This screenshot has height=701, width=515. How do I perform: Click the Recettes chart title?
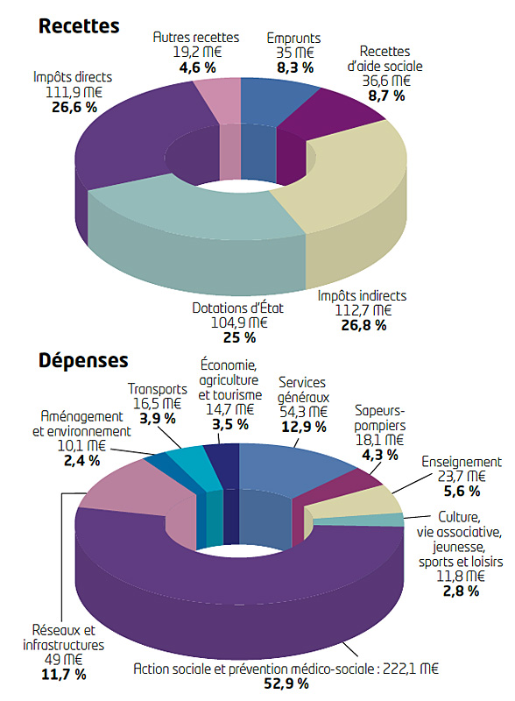(79, 26)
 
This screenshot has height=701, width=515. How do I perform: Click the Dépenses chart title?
(83, 360)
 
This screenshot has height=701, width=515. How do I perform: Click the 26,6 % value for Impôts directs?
(74, 107)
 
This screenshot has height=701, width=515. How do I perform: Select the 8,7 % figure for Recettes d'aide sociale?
(386, 96)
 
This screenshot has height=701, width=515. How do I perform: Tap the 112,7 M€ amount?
(363, 310)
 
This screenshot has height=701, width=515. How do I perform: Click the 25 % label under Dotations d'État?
(239, 337)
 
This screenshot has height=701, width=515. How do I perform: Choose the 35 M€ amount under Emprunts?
(294, 53)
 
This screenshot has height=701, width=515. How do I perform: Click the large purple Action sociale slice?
(242, 595)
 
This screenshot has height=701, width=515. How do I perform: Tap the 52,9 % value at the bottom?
(286, 683)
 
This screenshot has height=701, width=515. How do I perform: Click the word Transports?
(158, 389)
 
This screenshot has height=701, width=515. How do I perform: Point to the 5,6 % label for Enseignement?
(462, 492)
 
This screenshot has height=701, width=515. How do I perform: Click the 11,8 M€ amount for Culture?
(461, 576)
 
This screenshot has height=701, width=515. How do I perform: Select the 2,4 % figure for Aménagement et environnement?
(81, 461)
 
